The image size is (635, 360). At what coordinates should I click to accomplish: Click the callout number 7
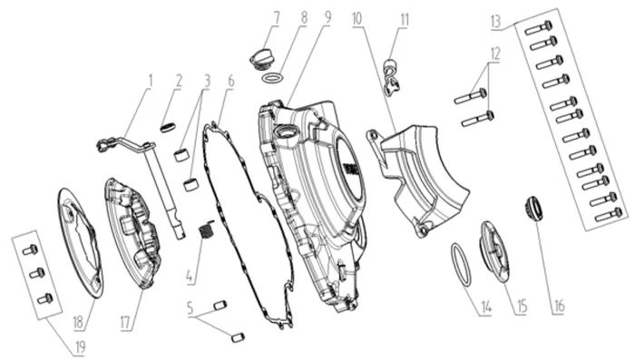(x=277, y=18)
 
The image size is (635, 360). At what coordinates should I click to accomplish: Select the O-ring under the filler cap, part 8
(x=272, y=78)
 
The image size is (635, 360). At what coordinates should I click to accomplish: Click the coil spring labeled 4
(x=206, y=230)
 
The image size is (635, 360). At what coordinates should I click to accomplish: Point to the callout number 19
(x=80, y=348)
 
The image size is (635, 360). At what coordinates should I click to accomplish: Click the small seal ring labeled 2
(x=168, y=128)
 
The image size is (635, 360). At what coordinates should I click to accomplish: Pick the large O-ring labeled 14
(x=461, y=265)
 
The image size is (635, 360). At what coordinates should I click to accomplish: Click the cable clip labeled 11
(x=392, y=78)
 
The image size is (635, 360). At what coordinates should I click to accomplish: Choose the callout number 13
(x=496, y=22)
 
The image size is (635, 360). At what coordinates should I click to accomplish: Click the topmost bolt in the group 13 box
(x=538, y=27)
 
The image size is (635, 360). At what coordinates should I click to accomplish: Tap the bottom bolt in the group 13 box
(x=609, y=215)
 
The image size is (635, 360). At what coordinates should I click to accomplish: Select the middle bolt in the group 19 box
(x=37, y=273)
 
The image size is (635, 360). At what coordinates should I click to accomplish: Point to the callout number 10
(x=357, y=19)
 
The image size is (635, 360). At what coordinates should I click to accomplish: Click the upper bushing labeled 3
(x=181, y=155)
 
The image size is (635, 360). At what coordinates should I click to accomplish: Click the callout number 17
(x=125, y=323)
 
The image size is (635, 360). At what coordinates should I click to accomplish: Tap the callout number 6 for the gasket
(x=230, y=81)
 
